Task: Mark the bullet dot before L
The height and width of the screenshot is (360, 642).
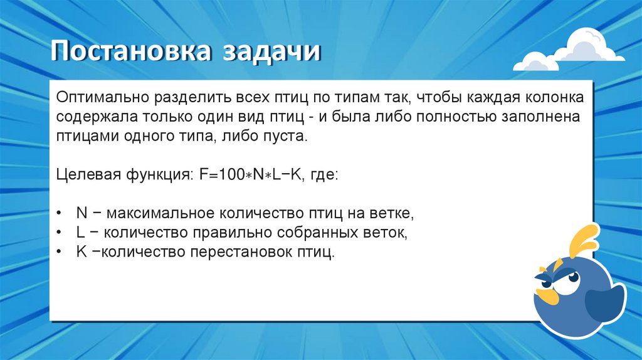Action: pos(58,232)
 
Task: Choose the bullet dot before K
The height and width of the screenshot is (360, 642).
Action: pos(58,251)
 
